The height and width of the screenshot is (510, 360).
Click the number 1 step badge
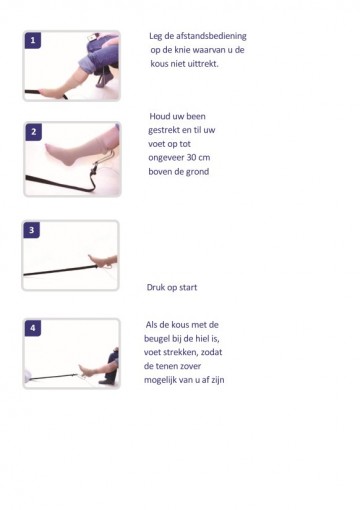pyautogui.click(x=33, y=41)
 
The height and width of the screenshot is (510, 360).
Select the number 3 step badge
pyautogui.click(x=33, y=230)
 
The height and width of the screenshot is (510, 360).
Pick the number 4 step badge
pyautogui.click(x=33, y=328)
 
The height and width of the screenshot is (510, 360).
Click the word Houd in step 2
pyautogui.click(x=162, y=116)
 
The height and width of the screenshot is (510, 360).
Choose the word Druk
pyautogui.click(x=158, y=287)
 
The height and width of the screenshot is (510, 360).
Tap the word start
pyautogui.click(x=186, y=287)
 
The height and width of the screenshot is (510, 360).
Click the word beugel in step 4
pyautogui.click(x=161, y=338)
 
